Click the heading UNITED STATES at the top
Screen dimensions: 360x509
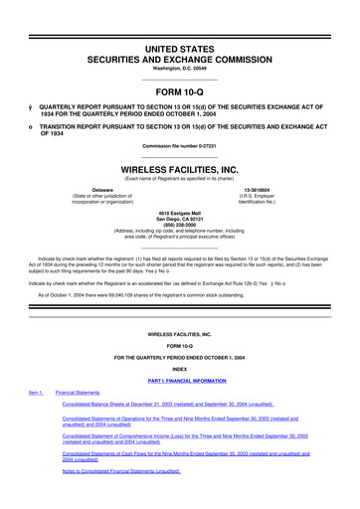point(180,18)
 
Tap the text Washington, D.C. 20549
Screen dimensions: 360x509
point(180,41)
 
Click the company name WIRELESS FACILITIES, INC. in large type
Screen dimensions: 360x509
point(180,170)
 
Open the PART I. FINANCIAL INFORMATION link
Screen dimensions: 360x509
point(180,380)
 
